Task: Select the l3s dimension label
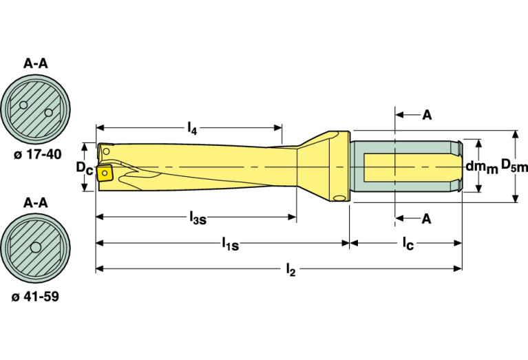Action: (198, 218)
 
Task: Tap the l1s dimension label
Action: (229, 244)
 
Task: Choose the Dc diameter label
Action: (83, 168)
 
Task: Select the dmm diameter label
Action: (481, 167)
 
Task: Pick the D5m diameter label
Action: (514, 165)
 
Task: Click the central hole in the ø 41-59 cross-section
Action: (34, 248)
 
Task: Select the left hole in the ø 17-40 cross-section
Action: (24, 105)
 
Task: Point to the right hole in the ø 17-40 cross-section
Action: (47, 112)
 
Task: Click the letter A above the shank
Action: (426, 116)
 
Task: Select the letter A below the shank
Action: (426, 219)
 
